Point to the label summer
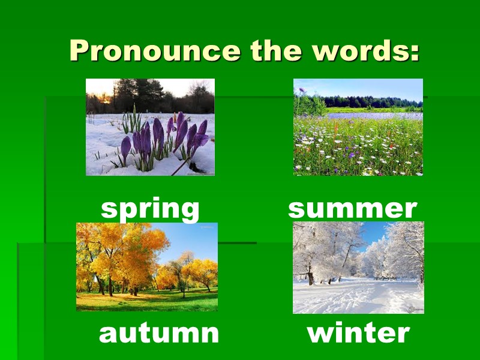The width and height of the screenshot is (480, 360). [352, 208]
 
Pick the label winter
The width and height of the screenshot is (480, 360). [358, 332]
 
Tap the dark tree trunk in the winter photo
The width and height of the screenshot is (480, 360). [310, 273]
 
